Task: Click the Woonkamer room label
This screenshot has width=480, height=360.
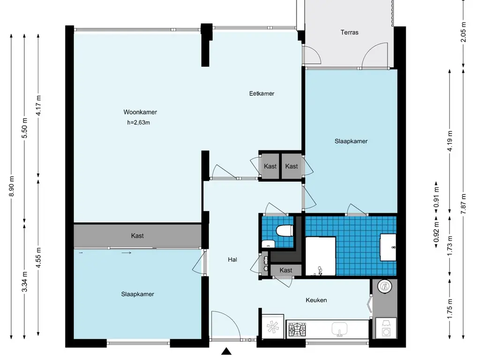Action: click(140, 112)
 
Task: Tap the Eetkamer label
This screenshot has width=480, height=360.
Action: click(262, 94)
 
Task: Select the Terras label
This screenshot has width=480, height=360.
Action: click(349, 32)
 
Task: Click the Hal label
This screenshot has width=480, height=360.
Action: click(232, 260)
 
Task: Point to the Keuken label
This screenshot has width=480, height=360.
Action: click(316, 300)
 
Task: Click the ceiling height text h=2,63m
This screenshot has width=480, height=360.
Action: click(139, 123)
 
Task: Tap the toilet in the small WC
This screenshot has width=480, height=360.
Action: click(284, 230)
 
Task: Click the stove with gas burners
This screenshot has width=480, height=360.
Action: click(297, 330)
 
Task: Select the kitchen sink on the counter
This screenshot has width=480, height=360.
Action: click(339, 329)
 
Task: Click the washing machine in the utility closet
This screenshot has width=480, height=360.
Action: click(386, 328)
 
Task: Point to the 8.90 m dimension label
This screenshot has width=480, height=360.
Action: click(12, 186)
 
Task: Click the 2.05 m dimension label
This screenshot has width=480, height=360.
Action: click(464, 32)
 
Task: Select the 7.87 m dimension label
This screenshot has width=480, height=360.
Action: click(464, 204)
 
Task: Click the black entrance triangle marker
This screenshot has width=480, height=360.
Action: click(226, 351)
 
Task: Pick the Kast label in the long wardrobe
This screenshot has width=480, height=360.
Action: click(137, 236)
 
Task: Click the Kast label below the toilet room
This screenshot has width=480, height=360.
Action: click(285, 270)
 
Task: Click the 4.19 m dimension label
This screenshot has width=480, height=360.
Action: click(450, 141)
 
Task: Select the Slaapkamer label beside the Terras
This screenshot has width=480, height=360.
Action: click(351, 142)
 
